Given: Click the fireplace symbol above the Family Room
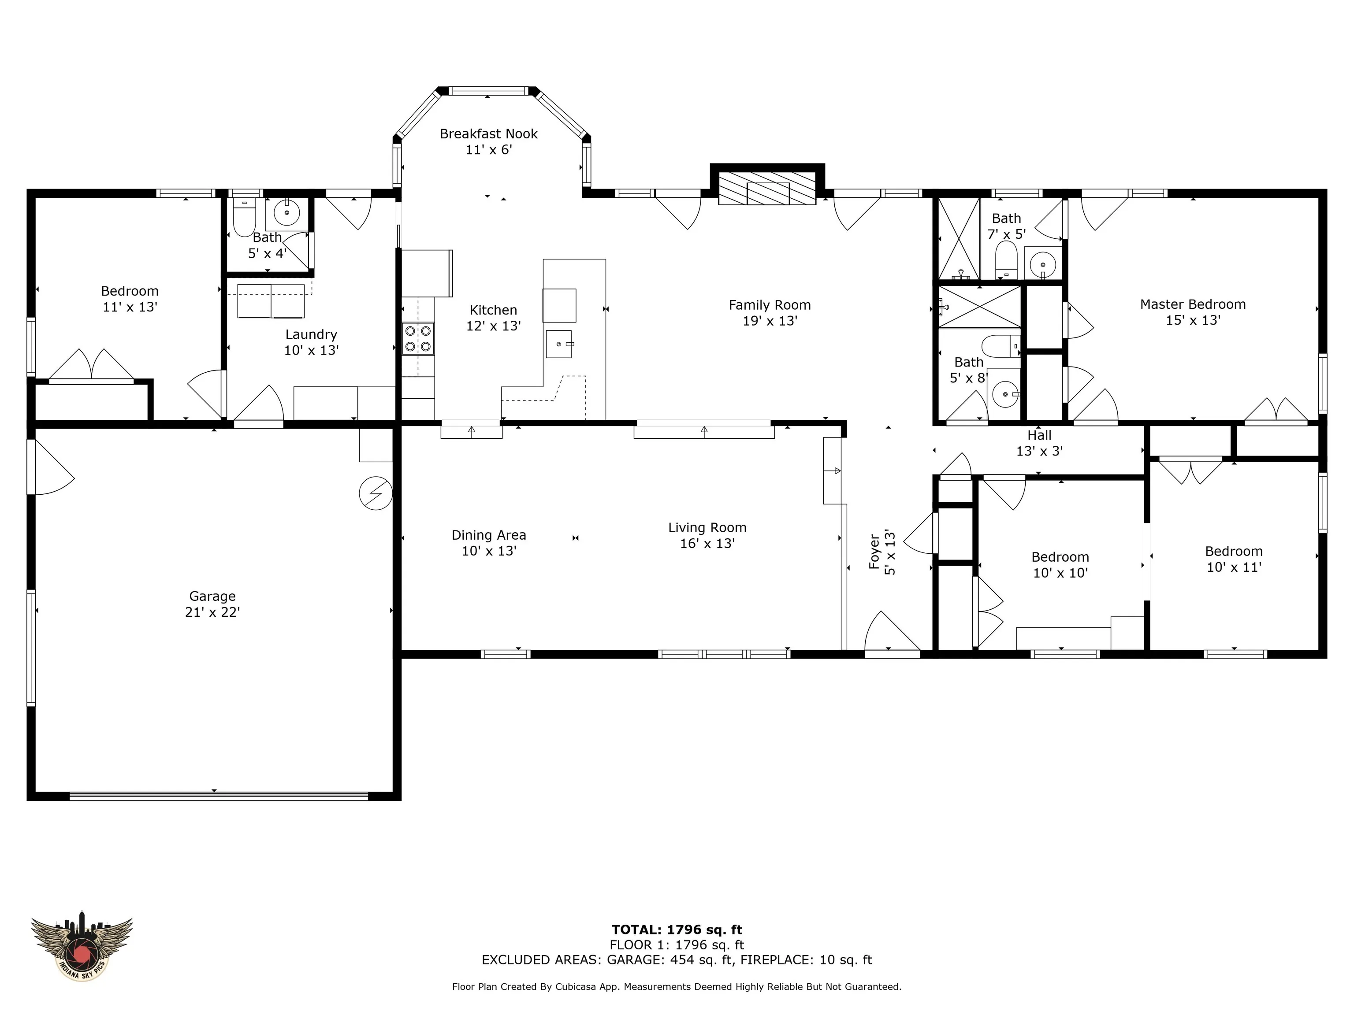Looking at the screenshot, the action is (767, 187).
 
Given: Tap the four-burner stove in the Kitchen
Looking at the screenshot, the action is (418, 338).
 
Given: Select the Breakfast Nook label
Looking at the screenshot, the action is (488, 134).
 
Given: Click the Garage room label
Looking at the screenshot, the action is (212, 596).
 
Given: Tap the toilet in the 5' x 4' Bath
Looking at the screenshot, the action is (244, 217).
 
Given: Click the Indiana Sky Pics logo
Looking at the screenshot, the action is (82, 949).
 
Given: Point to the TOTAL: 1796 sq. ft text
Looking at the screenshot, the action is (677, 930).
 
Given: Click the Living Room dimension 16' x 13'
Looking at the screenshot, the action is (707, 543).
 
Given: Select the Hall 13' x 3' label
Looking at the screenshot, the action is (1039, 443).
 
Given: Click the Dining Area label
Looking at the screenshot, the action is (488, 535).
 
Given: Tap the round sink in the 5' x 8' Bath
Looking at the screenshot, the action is (1004, 394).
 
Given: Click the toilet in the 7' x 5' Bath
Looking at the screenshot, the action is (1006, 259).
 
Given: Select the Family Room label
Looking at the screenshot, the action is (770, 305).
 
